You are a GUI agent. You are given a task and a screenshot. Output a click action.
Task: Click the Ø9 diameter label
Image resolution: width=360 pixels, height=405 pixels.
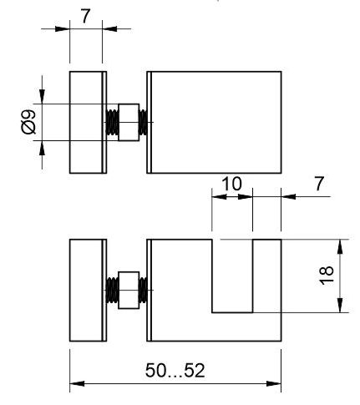coord(28,122)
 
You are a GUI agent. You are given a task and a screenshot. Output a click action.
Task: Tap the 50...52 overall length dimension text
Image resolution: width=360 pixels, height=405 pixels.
coord(175,371)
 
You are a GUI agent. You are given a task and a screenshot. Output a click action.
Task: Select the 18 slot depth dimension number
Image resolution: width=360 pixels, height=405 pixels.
coord(327,276)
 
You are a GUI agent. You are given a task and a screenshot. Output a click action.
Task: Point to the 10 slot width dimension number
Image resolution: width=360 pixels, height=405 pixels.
coord(231,184)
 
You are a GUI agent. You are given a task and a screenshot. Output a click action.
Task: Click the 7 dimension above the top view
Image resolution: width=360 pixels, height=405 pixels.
coord(86,17)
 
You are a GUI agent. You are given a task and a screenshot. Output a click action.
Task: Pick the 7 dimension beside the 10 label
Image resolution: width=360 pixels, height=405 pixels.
coord(319,184)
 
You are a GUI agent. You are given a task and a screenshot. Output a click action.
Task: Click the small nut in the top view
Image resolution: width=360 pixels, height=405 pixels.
coord(129,123)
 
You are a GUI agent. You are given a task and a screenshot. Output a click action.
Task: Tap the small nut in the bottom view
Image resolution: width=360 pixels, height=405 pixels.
coord(129,291)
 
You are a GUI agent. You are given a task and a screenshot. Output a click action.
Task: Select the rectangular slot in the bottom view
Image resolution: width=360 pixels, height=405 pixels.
coord(232,276)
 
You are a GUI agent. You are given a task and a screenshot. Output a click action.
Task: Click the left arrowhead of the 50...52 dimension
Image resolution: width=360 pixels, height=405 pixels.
coord(77,384)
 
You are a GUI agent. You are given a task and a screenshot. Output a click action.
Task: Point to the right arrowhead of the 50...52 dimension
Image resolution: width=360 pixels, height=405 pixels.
coord(274,384)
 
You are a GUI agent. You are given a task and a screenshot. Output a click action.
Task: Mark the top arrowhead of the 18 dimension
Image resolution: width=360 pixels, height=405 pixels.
coord(340,246)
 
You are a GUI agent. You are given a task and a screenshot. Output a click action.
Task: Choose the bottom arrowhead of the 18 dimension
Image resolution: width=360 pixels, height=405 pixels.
coord(340,305)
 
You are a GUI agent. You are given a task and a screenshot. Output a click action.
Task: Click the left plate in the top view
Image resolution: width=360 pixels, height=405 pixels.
coord(88,123)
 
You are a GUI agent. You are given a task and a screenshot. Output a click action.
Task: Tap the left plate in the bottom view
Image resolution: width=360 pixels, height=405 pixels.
coord(88,290)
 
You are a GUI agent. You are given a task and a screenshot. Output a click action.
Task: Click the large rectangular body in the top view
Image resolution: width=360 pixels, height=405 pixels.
coord(214,123)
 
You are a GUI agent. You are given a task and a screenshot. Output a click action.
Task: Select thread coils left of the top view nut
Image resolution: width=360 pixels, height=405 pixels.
coord(112,123)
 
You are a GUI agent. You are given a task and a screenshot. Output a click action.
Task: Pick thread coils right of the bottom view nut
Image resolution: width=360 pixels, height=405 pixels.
coord(143,291)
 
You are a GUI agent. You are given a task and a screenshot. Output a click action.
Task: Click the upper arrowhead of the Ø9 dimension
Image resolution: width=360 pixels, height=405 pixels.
coord(42,97)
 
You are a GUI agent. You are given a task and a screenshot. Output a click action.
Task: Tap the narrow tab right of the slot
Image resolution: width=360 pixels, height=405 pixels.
coord(267,276)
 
